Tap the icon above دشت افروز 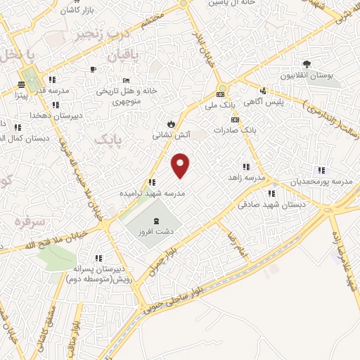[156, 218]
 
